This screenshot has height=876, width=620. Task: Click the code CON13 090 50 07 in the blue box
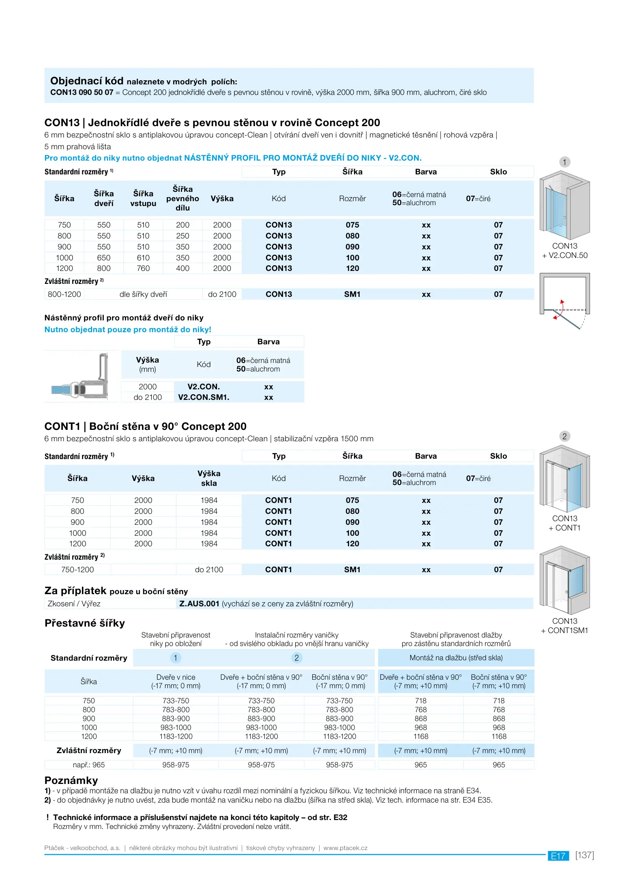point(82,92)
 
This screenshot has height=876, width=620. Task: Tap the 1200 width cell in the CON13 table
point(64,268)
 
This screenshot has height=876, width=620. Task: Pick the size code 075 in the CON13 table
point(352,225)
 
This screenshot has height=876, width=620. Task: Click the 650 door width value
point(104,258)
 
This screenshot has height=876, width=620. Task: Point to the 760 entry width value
point(143,268)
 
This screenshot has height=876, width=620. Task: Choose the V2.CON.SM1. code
point(204,397)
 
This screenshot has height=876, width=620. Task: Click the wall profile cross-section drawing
point(81,376)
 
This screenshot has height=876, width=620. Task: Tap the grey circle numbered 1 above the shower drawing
point(564,162)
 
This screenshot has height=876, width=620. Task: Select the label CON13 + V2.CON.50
point(564,251)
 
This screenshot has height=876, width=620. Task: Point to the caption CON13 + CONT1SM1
point(564,626)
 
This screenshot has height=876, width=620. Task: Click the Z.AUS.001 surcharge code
point(199,604)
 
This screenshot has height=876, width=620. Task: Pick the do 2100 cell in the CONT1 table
point(209,570)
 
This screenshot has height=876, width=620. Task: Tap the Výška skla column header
point(209,479)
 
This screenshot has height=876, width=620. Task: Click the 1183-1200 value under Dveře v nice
point(176,736)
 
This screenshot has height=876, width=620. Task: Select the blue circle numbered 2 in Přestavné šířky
point(296,658)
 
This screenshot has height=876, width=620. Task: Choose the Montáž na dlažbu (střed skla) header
point(456,658)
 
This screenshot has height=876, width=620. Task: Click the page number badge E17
point(558,856)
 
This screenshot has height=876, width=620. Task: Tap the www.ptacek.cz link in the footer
point(345,848)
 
